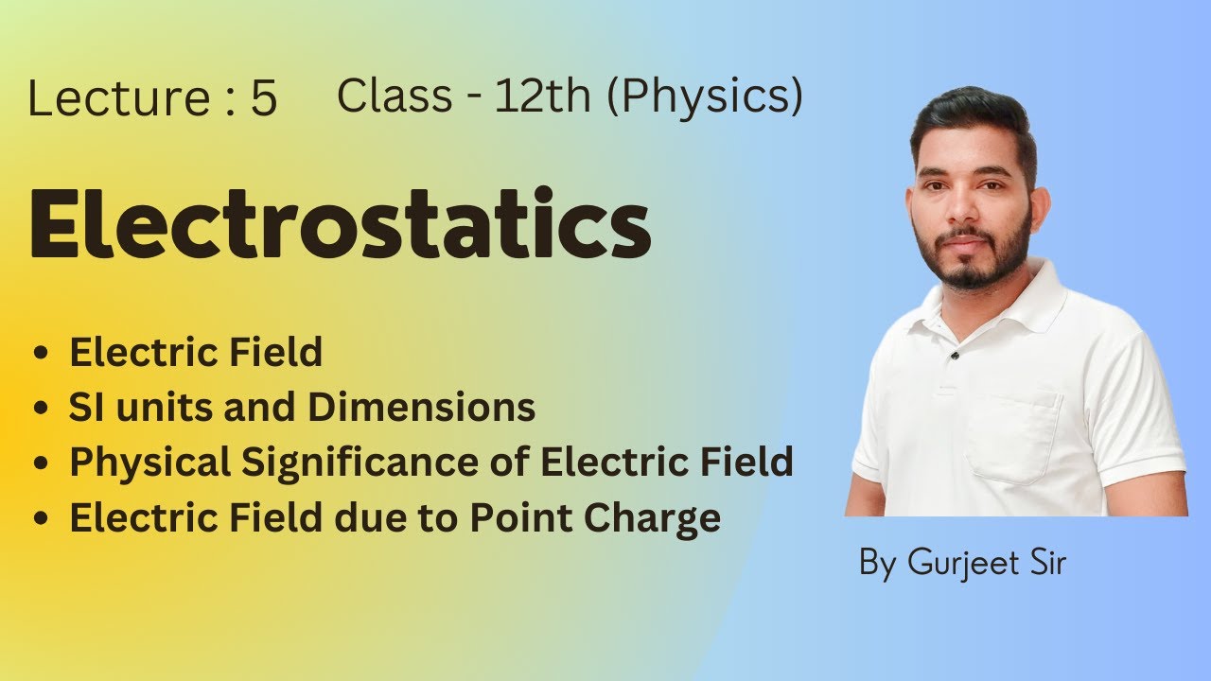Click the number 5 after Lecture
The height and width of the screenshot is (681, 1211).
click(264, 100)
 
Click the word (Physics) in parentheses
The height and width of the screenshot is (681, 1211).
click(705, 97)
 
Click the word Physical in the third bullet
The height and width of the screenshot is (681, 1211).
click(149, 463)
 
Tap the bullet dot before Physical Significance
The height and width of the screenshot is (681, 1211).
click(41, 464)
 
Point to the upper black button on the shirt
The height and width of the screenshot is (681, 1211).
click(956, 356)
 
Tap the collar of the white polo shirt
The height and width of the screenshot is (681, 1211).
click(1031, 303)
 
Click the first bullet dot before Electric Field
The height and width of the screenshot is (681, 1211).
click(41, 354)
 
